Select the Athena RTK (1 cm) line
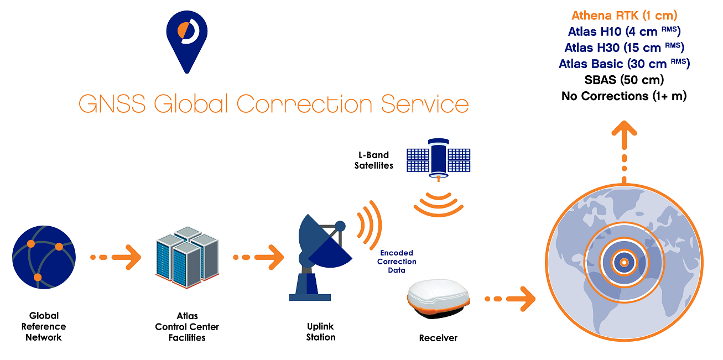click(x=624, y=15)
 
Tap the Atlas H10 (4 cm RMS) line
click(x=624, y=32)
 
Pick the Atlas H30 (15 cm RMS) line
click(x=624, y=48)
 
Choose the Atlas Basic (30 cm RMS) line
click(x=624, y=64)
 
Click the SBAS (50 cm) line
click(x=624, y=80)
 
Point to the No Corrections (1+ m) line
click(x=624, y=96)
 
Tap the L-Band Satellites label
click(x=374, y=160)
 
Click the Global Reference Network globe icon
click(x=43, y=255)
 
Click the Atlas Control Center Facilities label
click(x=187, y=327)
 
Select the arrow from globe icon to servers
click(x=116, y=257)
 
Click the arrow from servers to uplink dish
click(x=258, y=257)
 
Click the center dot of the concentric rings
click(x=623, y=263)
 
